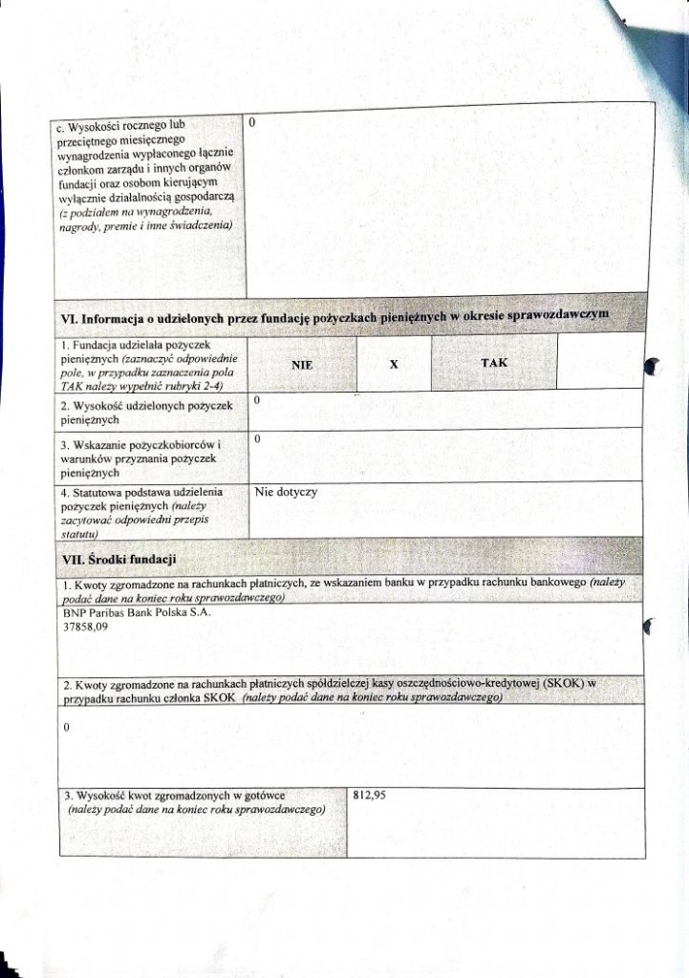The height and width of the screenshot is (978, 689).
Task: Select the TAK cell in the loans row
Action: click(494, 363)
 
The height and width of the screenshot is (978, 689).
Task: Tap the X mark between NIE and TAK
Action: click(394, 364)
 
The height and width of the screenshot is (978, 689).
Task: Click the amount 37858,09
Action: click(85, 627)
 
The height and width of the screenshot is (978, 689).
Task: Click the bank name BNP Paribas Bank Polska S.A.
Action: click(136, 612)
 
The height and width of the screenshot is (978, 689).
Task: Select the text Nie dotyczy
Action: click(287, 493)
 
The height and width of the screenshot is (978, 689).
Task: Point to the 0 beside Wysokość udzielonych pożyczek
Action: click(258, 401)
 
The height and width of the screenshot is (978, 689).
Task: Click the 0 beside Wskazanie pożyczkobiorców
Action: click(258, 438)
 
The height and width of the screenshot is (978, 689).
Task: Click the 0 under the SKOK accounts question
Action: click(65, 728)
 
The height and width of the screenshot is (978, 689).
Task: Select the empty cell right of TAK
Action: click(597, 363)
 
